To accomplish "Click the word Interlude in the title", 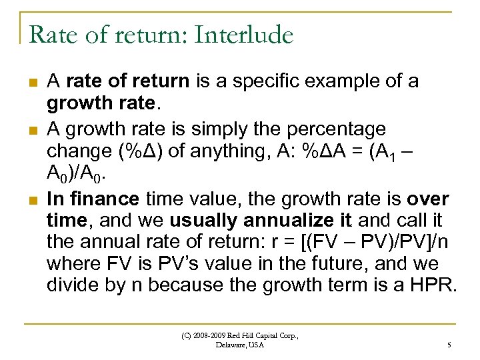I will coord(245,35).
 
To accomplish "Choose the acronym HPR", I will coord(434,285).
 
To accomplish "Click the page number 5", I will coord(449,345).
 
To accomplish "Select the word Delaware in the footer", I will coord(231,345).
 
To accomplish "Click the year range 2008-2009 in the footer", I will coord(211,335).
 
